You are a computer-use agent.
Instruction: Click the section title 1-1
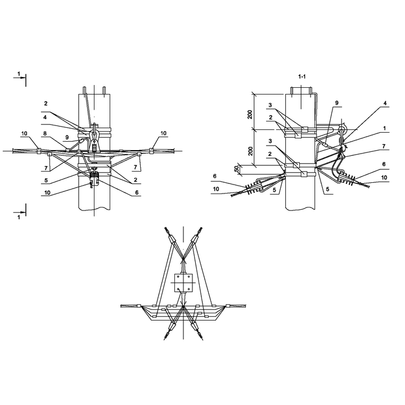[x=302, y=76]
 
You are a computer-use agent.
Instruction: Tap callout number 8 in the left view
[x=45, y=133]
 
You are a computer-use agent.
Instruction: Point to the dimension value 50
[x=237, y=169]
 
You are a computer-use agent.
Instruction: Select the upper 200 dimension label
[x=250, y=114]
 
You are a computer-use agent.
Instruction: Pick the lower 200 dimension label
[x=250, y=151]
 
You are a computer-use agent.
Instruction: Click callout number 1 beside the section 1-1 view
[x=384, y=128]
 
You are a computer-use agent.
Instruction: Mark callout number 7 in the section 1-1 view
[x=384, y=146]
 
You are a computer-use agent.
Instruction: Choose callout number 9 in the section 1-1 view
[x=337, y=103]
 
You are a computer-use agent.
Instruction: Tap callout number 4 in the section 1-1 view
[x=385, y=103]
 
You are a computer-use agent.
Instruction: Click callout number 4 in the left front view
[x=45, y=117]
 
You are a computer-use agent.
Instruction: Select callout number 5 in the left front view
[x=46, y=181]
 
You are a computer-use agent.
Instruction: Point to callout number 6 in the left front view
[x=137, y=192]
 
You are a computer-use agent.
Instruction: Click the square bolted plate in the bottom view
[x=183, y=283]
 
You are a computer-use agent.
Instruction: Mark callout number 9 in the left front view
[x=67, y=138]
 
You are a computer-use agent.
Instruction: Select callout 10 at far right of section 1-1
[x=384, y=178]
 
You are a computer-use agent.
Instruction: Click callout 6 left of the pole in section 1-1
[x=215, y=176]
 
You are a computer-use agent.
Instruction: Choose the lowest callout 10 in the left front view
[x=47, y=192]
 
